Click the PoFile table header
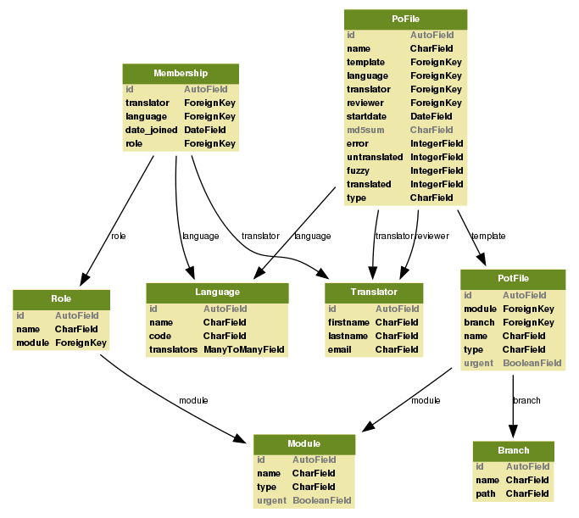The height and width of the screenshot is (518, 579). (405, 19)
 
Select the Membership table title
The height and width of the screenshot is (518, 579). (181, 74)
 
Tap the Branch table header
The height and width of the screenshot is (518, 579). (513, 450)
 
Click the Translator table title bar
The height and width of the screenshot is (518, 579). (373, 292)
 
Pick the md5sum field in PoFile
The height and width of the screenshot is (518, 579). (365, 131)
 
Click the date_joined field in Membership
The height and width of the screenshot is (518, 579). (152, 131)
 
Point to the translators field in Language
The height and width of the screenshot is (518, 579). (173, 349)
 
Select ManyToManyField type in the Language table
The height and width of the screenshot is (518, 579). (244, 349)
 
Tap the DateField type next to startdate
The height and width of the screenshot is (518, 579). (431, 117)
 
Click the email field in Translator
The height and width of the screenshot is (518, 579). (341, 349)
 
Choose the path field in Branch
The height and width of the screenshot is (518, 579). (486, 493)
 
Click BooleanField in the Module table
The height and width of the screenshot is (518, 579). (322, 501)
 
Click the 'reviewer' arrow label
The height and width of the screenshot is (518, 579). (431, 237)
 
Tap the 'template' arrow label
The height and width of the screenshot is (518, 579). (488, 237)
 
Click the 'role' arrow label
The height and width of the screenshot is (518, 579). (118, 237)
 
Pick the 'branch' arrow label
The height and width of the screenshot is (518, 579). (527, 400)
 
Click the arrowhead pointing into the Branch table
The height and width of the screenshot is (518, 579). (513, 434)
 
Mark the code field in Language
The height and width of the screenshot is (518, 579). (160, 336)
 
